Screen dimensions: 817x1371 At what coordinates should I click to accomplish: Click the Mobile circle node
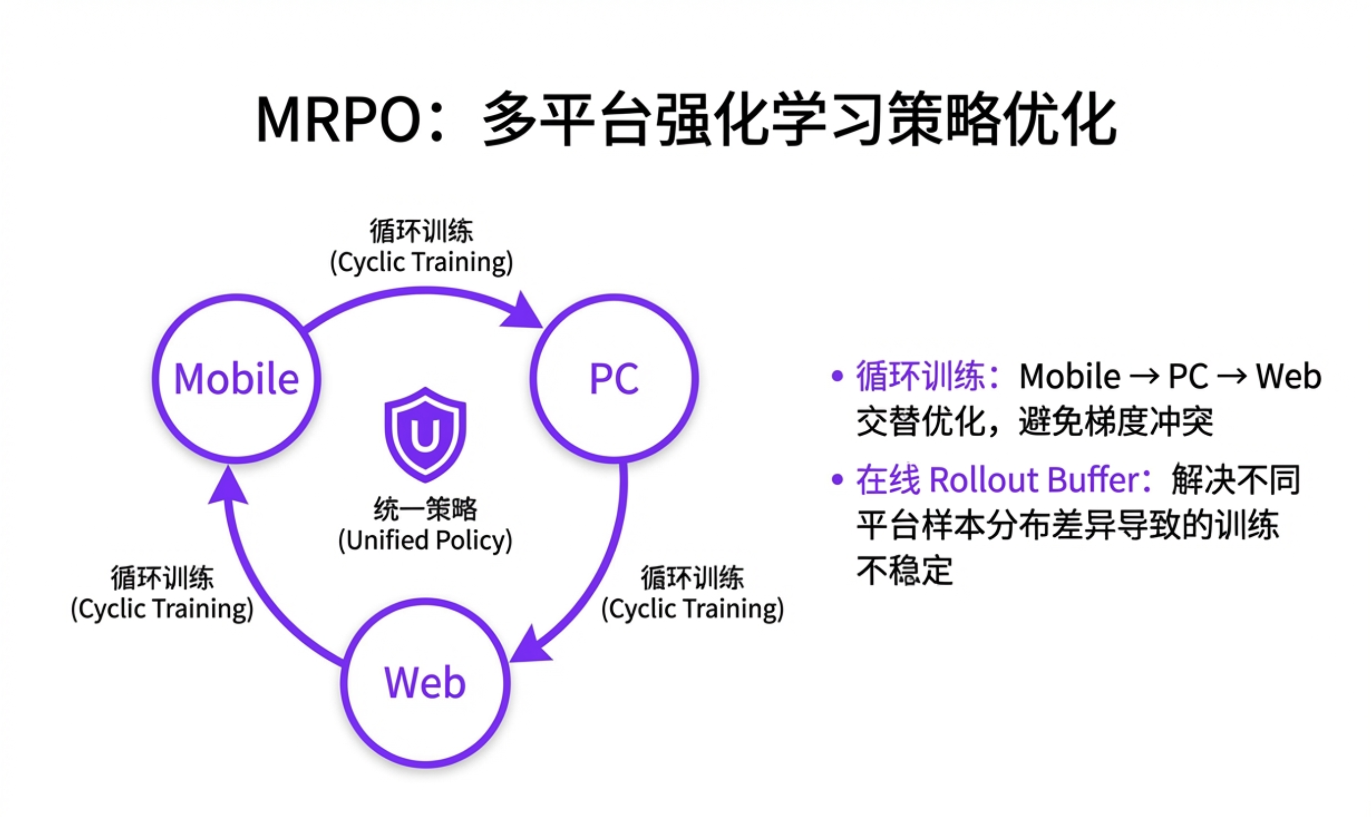237,379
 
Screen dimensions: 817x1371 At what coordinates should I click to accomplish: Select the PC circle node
614,379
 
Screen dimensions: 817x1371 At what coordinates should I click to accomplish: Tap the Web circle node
425,683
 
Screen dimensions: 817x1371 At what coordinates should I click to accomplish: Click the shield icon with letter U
425,435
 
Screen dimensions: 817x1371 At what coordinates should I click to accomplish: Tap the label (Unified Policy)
425,540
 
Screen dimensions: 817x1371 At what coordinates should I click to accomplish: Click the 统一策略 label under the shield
425,509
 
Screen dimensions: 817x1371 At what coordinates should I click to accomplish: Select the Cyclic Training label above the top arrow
421,261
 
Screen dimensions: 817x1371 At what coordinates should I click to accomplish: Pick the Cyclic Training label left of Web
162,608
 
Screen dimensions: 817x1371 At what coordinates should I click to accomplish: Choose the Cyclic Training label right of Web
692,608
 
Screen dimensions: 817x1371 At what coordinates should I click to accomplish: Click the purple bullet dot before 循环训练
837,377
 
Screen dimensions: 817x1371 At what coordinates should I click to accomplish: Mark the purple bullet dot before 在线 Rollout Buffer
837,479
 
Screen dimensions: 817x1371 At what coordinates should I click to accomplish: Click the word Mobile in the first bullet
1070,377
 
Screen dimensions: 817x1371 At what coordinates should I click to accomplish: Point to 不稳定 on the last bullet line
904,571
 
